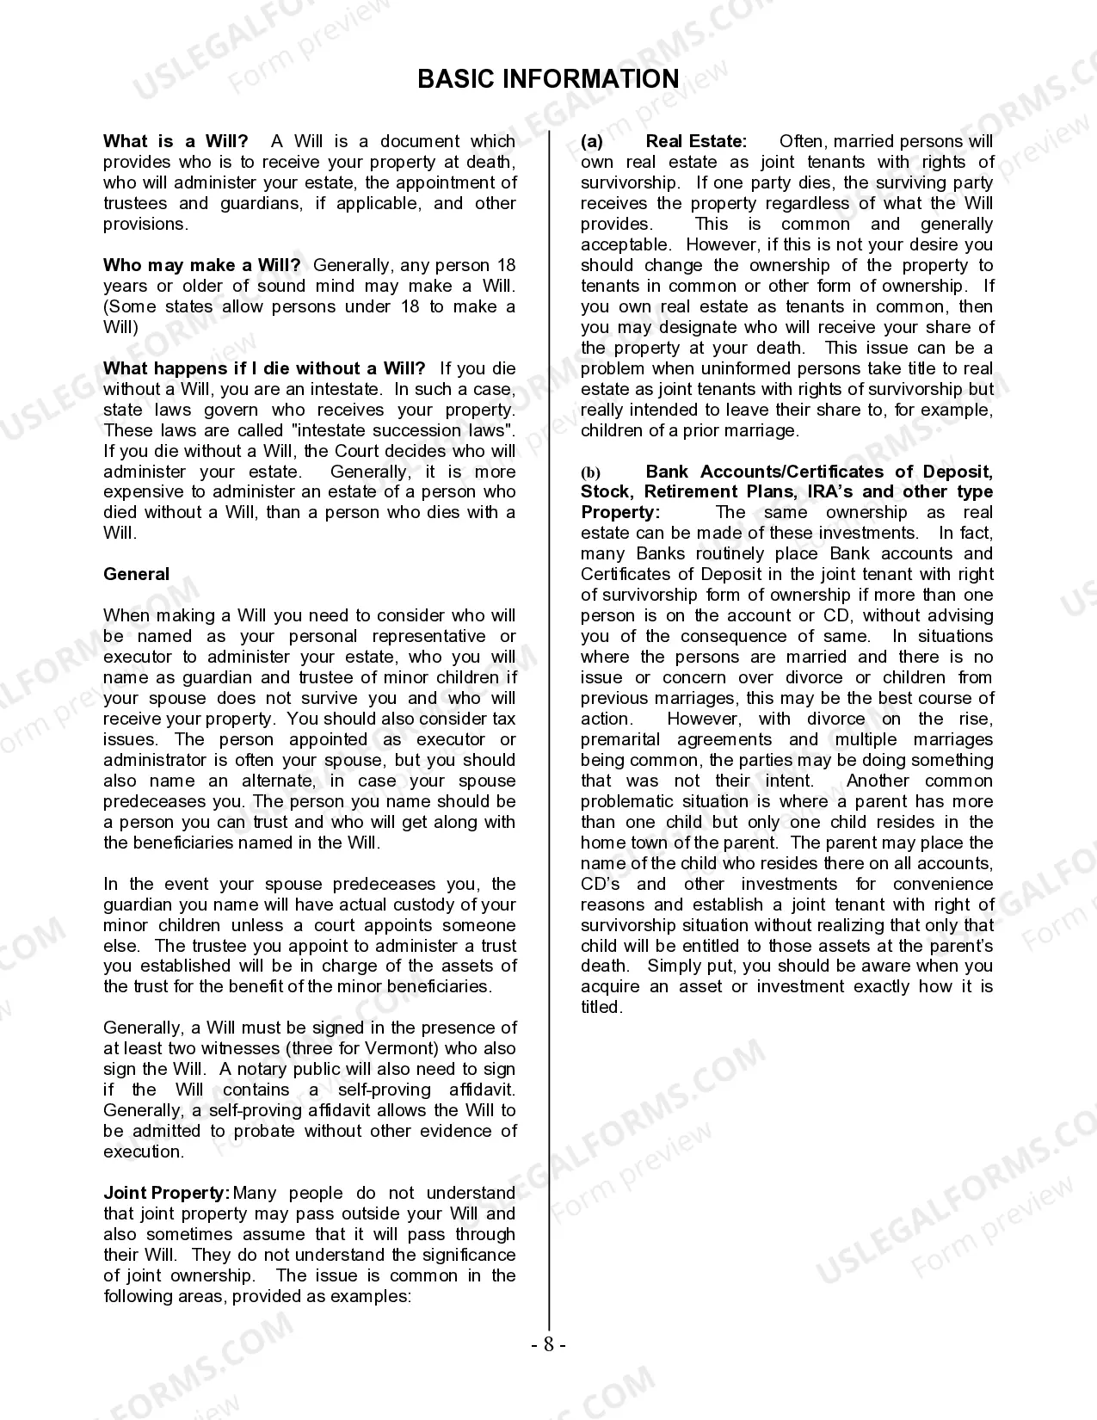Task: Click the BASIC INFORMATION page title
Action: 548,79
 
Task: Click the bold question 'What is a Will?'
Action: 176,141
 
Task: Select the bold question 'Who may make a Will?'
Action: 201,265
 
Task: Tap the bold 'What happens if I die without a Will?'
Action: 264,368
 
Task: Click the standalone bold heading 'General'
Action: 136,574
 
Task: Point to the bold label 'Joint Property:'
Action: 167,1193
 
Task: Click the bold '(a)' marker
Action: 592,141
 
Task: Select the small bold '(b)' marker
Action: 591,472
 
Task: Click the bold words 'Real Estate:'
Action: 696,141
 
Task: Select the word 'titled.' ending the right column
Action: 601,1007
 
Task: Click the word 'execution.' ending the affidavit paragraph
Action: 144,1151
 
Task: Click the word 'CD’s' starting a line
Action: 600,884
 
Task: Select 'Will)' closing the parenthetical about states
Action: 120,327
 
